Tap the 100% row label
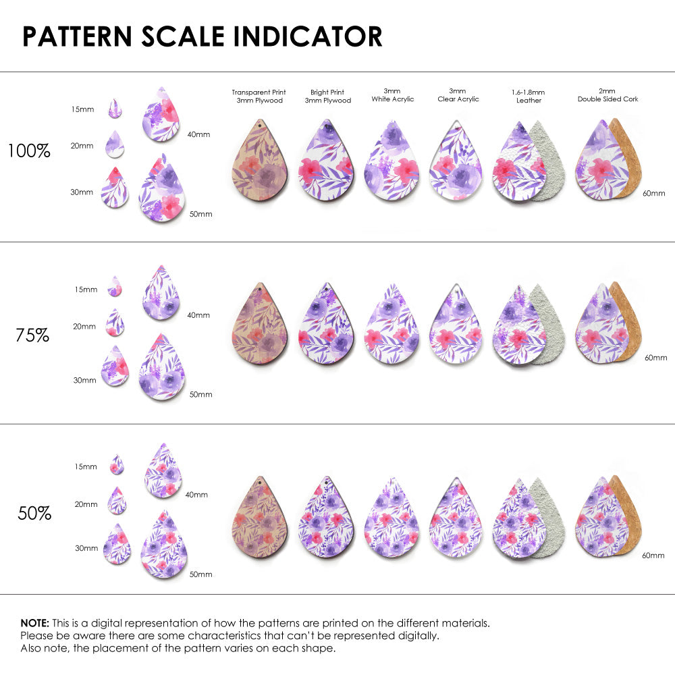[x=29, y=151]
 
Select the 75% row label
[x=32, y=335]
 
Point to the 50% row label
[x=34, y=514]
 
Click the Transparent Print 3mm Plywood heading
[x=259, y=96]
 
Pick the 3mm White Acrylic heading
[x=391, y=95]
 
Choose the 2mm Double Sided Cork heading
[x=607, y=95]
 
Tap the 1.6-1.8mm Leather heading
[x=529, y=96]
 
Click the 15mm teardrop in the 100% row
[x=115, y=109]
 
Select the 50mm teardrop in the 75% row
[x=162, y=369]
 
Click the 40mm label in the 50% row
[x=196, y=495]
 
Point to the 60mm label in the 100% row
[x=653, y=193]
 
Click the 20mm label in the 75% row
[x=84, y=327]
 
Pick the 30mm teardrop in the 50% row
[x=118, y=545]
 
